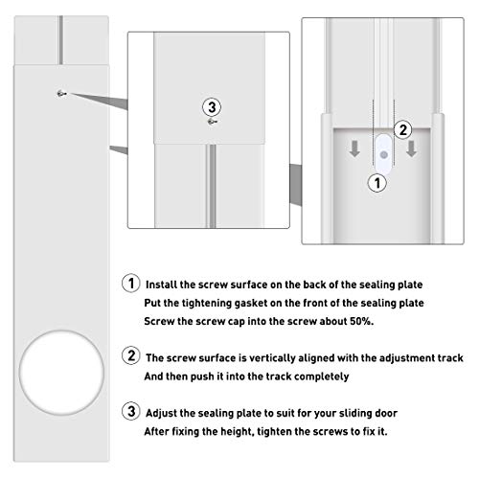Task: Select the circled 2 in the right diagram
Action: click(x=403, y=127)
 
